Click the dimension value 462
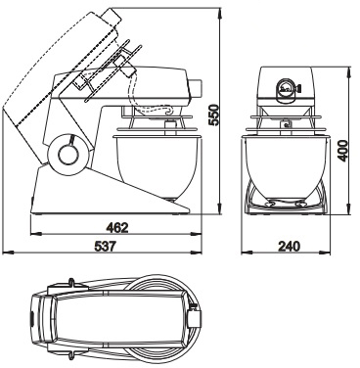pos(117,228)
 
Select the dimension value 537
pos(106,247)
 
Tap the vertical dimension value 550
pos(213,115)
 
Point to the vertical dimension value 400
pos(342,151)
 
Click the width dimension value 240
pos(289,247)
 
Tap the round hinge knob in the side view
pos(69,154)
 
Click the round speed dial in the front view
pos(286,88)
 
